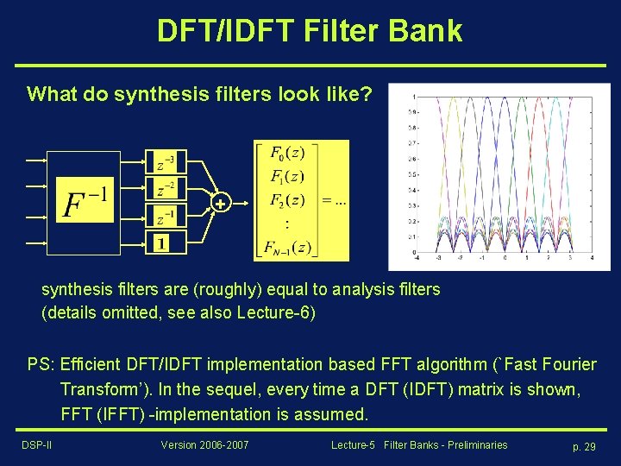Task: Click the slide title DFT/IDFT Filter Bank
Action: (x=310, y=31)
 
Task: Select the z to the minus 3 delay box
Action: (x=166, y=161)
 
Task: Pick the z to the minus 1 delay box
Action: (x=166, y=215)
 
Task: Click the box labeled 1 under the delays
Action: (x=162, y=242)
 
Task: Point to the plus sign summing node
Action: (x=221, y=204)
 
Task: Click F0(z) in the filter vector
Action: (x=287, y=154)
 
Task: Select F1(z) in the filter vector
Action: (x=287, y=178)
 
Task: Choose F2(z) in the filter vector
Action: (x=287, y=201)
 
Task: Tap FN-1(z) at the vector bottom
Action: (x=288, y=248)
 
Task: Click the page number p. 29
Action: (x=584, y=446)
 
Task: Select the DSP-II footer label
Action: (x=37, y=445)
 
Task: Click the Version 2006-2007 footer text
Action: (x=205, y=445)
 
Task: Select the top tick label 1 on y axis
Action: (x=416, y=96)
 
